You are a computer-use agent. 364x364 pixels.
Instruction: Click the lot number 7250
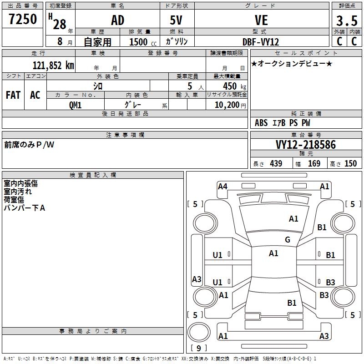coord(23,20)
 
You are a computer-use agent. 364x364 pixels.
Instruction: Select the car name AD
coord(118,20)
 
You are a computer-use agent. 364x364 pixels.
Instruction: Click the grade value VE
coord(261,20)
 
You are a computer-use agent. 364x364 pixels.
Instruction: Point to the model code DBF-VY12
coord(261,41)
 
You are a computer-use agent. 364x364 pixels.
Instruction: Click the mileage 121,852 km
coord(53,65)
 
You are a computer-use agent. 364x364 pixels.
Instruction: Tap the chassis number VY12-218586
coord(305,145)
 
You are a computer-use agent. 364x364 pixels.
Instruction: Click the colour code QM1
coord(76,105)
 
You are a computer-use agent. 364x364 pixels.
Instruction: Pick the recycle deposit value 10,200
coord(226,105)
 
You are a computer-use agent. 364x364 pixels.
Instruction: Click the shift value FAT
coord(13,95)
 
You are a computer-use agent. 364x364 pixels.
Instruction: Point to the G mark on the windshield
coord(288,240)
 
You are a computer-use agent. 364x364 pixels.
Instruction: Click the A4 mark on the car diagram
coord(222,186)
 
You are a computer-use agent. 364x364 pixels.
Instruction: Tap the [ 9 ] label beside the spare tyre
coord(198,348)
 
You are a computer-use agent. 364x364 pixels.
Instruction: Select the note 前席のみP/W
coord(29,145)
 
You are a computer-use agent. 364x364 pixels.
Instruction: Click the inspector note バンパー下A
coord(25,208)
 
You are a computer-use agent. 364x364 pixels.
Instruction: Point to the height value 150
coord(350,163)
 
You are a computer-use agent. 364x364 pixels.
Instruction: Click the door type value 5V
coord(177,20)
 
